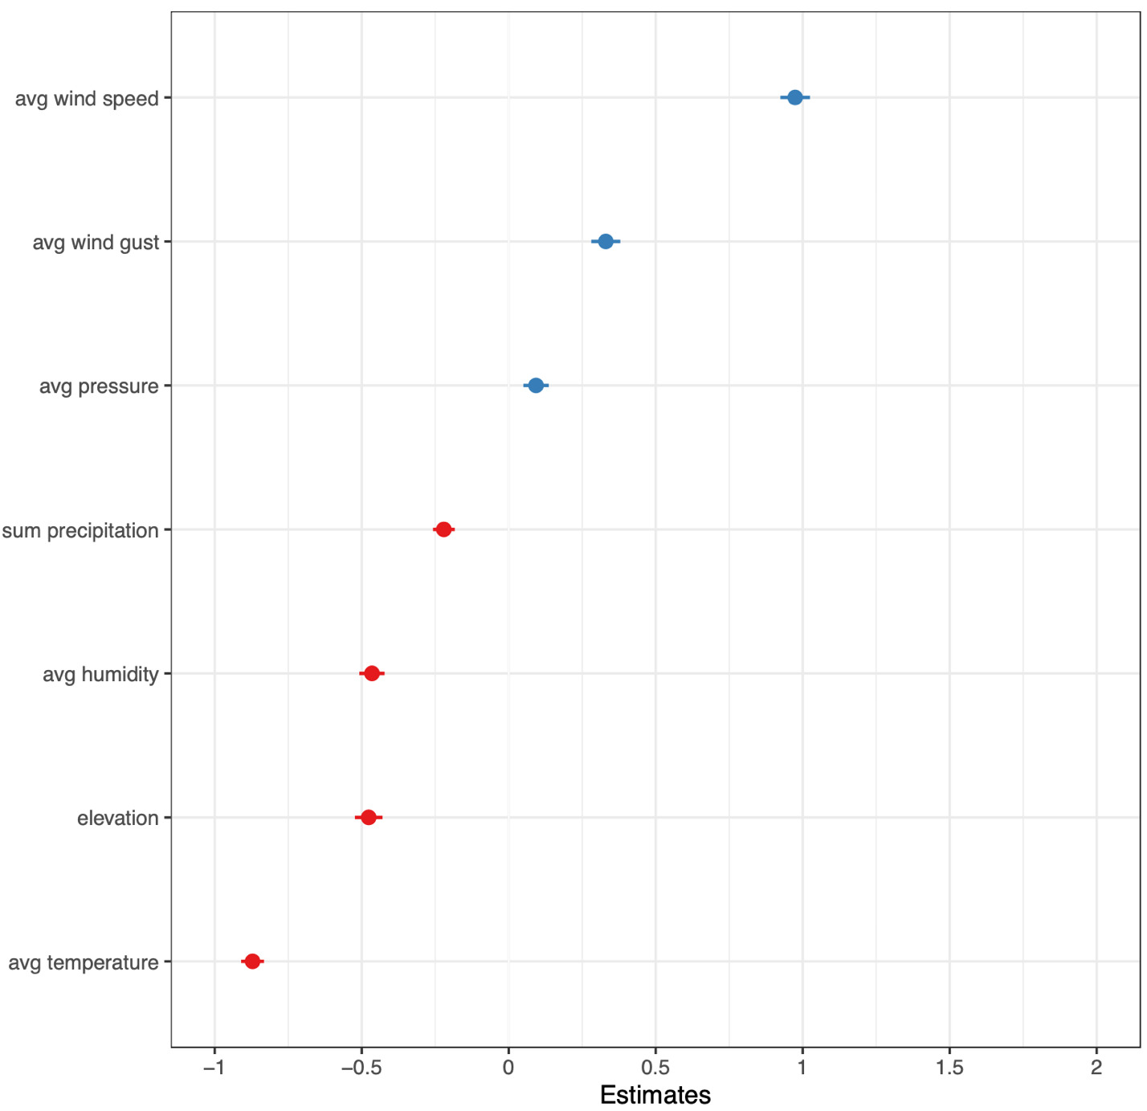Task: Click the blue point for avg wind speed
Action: [x=794, y=97]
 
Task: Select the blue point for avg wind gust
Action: [x=606, y=241]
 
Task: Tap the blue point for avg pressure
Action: [x=536, y=386]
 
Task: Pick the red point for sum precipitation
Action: [x=443, y=529]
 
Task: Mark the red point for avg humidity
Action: [x=372, y=673]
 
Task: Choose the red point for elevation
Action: [x=369, y=817]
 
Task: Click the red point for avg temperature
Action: [x=252, y=961]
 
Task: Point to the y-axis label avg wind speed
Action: [x=87, y=99]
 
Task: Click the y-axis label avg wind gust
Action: [x=96, y=243]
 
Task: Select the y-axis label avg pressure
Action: [x=99, y=386]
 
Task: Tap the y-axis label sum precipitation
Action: [x=80, y=531]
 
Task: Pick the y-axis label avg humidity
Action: [x=100, y=674]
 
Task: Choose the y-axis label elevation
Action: [x=118, y=819]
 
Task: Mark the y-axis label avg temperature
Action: [x=84, y=962]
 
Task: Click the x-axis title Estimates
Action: [x=655, y=1095]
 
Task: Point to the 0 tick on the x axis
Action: [x=508, y=1068]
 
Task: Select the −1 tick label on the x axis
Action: [x=214, y=1068]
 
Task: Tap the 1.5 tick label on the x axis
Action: [x=949, y=1068]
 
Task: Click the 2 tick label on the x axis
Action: [x=1096, y=1068]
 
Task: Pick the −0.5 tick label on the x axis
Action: [x=361, y=1068]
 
